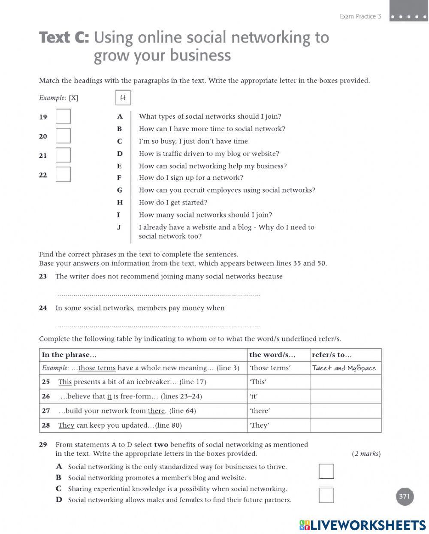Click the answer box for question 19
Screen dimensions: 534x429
pos(63,116)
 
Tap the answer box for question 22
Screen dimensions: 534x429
pos(63,174)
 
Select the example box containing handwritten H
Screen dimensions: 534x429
pos(123,98)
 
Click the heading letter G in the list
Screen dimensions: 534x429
pos(119,190)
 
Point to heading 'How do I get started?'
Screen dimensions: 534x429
pos(173,202)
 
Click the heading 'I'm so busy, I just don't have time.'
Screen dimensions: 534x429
pos(194,141)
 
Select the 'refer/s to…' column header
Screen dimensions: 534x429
pos(332,355)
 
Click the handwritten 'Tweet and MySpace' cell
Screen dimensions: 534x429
pos(344,368)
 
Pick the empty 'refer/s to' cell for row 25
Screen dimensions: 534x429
pos(345,382)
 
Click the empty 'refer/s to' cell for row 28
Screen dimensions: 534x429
pos(345,425)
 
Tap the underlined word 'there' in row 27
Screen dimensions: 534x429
pos(157,411)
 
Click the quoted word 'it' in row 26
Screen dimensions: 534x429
pos(254,396)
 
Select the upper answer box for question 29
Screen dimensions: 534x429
pos(326,471)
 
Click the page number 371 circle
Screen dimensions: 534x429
pos(404,497)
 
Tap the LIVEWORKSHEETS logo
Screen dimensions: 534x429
pos(363,525)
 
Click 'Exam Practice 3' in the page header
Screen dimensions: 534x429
pos(360,16)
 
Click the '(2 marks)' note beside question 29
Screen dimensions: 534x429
pos(366,454)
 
